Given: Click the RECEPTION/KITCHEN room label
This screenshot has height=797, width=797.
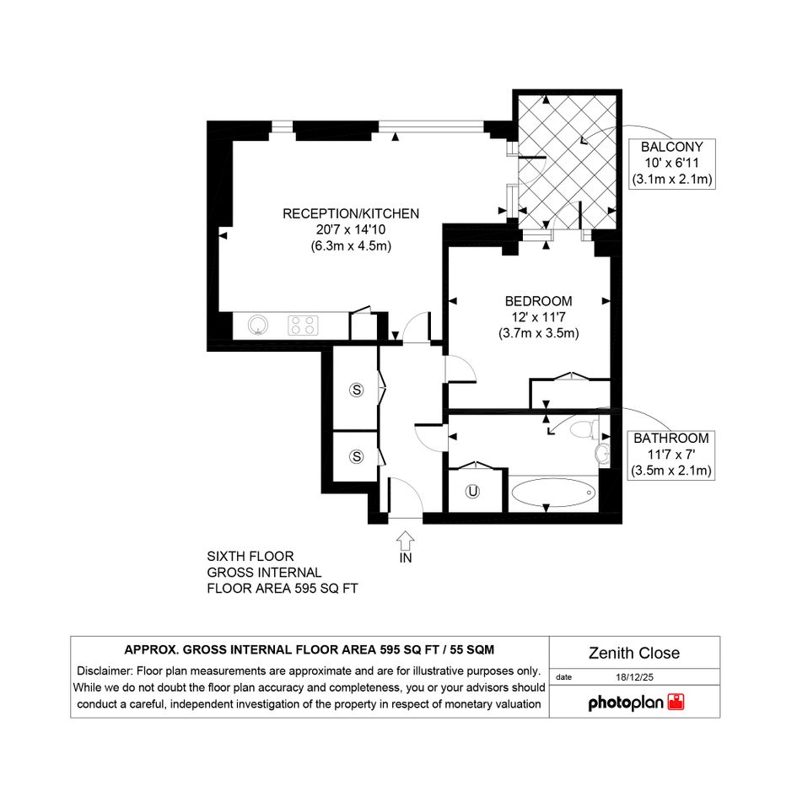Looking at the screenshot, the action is click(351, 213).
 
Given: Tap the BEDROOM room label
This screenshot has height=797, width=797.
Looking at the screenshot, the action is click(538, 301).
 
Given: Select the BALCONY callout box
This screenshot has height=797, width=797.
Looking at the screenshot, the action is click(672, 164).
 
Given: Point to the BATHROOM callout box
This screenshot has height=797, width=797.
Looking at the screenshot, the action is click(671, 455).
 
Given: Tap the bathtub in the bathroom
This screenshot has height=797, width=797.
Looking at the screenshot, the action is click(553, 492).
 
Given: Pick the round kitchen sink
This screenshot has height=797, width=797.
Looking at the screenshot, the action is click(258, 326).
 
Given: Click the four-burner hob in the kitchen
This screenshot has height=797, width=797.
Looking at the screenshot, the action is click(303, 326).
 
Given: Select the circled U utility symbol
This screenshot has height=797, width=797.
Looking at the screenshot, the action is click(472, 492).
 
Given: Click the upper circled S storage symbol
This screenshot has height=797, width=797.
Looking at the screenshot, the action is click(356, 390).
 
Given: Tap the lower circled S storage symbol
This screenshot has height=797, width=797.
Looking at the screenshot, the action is click(356, 456).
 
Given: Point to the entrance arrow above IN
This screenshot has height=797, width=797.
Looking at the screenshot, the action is click(405, 541).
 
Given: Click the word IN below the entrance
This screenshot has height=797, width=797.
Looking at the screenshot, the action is click(406, 557).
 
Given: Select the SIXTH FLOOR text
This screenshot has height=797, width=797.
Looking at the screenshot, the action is click(250, 556).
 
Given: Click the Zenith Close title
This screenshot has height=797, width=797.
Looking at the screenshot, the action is click(634, 653).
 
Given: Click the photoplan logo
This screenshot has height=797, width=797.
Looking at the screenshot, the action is click(636, 703).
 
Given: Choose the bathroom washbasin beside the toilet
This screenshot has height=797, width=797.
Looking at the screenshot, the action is click(603, 452).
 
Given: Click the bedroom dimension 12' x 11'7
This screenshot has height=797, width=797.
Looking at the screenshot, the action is click(538, 317).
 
